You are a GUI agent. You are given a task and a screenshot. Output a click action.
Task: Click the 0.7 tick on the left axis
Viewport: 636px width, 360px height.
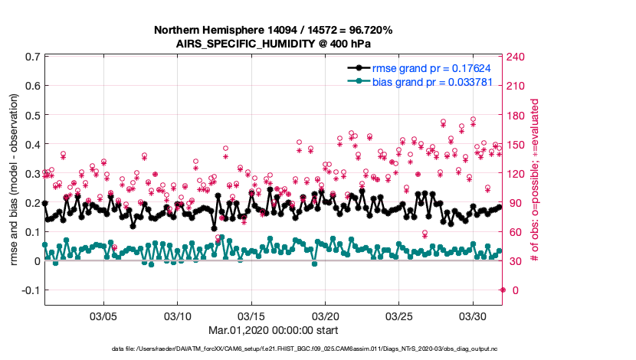[x=31, y=57]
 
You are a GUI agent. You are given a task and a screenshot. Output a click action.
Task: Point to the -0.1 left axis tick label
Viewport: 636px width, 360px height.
[x=29, y=290]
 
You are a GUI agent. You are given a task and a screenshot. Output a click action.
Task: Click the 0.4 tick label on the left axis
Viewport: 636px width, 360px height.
[x=31, y=144]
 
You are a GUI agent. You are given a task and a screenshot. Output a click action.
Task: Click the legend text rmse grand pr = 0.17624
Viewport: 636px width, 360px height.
[x=431, y=68]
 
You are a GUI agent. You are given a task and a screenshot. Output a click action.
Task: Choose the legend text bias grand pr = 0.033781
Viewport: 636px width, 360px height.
[x=431, y=81]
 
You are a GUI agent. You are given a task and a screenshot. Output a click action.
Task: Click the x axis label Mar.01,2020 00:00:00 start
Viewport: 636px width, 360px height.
[x=273, y=331]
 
